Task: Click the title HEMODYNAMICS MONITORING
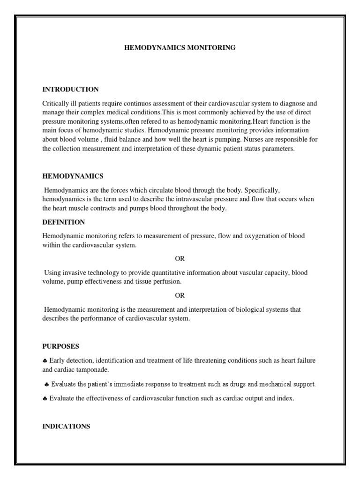[x=180, y=47]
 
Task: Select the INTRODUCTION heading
[x=70, y=89]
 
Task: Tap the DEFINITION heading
[x=63, y=222]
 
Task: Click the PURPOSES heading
[x=60, y=346]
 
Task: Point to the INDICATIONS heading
[x=66, y=426]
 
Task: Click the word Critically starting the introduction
[x=55, y=103]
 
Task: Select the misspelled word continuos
[x=135, y=103]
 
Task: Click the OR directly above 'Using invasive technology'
[x=180, y=258]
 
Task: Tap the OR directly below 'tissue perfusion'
[x=180, y=295]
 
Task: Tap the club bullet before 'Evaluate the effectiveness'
[x=45, y=399]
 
